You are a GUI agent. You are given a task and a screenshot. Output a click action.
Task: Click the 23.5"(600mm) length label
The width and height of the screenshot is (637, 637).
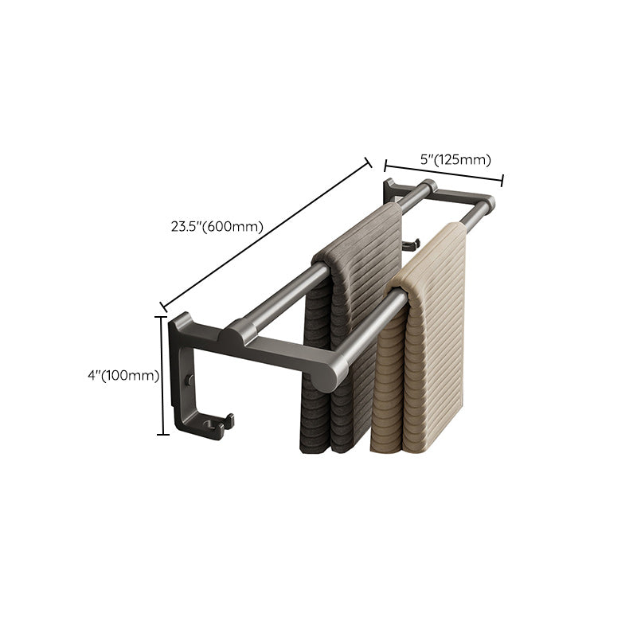(x=216, y=225)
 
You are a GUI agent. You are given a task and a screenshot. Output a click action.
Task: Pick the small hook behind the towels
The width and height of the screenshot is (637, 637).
(x=409, y=244)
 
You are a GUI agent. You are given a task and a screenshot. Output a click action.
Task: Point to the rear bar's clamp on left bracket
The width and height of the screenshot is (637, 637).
(x=239, y=331)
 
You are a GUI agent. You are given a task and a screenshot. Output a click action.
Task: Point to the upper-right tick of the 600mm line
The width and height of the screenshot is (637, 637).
(x=369, y=162)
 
